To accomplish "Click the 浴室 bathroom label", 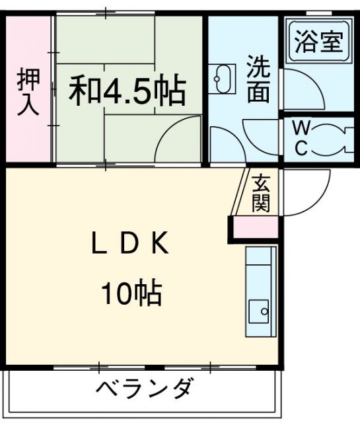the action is click(319, 42).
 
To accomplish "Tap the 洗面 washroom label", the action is click(259, 79).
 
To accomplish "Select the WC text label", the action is click(302, 138).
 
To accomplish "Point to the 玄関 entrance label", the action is click(261, 193).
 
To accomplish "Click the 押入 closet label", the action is click(28, 92).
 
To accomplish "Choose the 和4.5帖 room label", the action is click(127, 91).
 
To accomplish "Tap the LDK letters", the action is click(130, 243).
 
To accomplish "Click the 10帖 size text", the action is click(131, 293).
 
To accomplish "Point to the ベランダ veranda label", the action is click(145, 388).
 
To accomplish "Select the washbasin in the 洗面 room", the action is click(222, 79).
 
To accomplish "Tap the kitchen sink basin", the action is click(258, 311).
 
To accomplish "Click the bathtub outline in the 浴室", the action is click(320, 42).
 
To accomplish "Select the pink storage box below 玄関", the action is click(256, 227).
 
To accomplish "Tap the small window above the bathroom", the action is click(319, 13).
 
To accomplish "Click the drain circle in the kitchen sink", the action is click(264, 311).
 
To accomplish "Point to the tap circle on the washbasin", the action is click(217, 79).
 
